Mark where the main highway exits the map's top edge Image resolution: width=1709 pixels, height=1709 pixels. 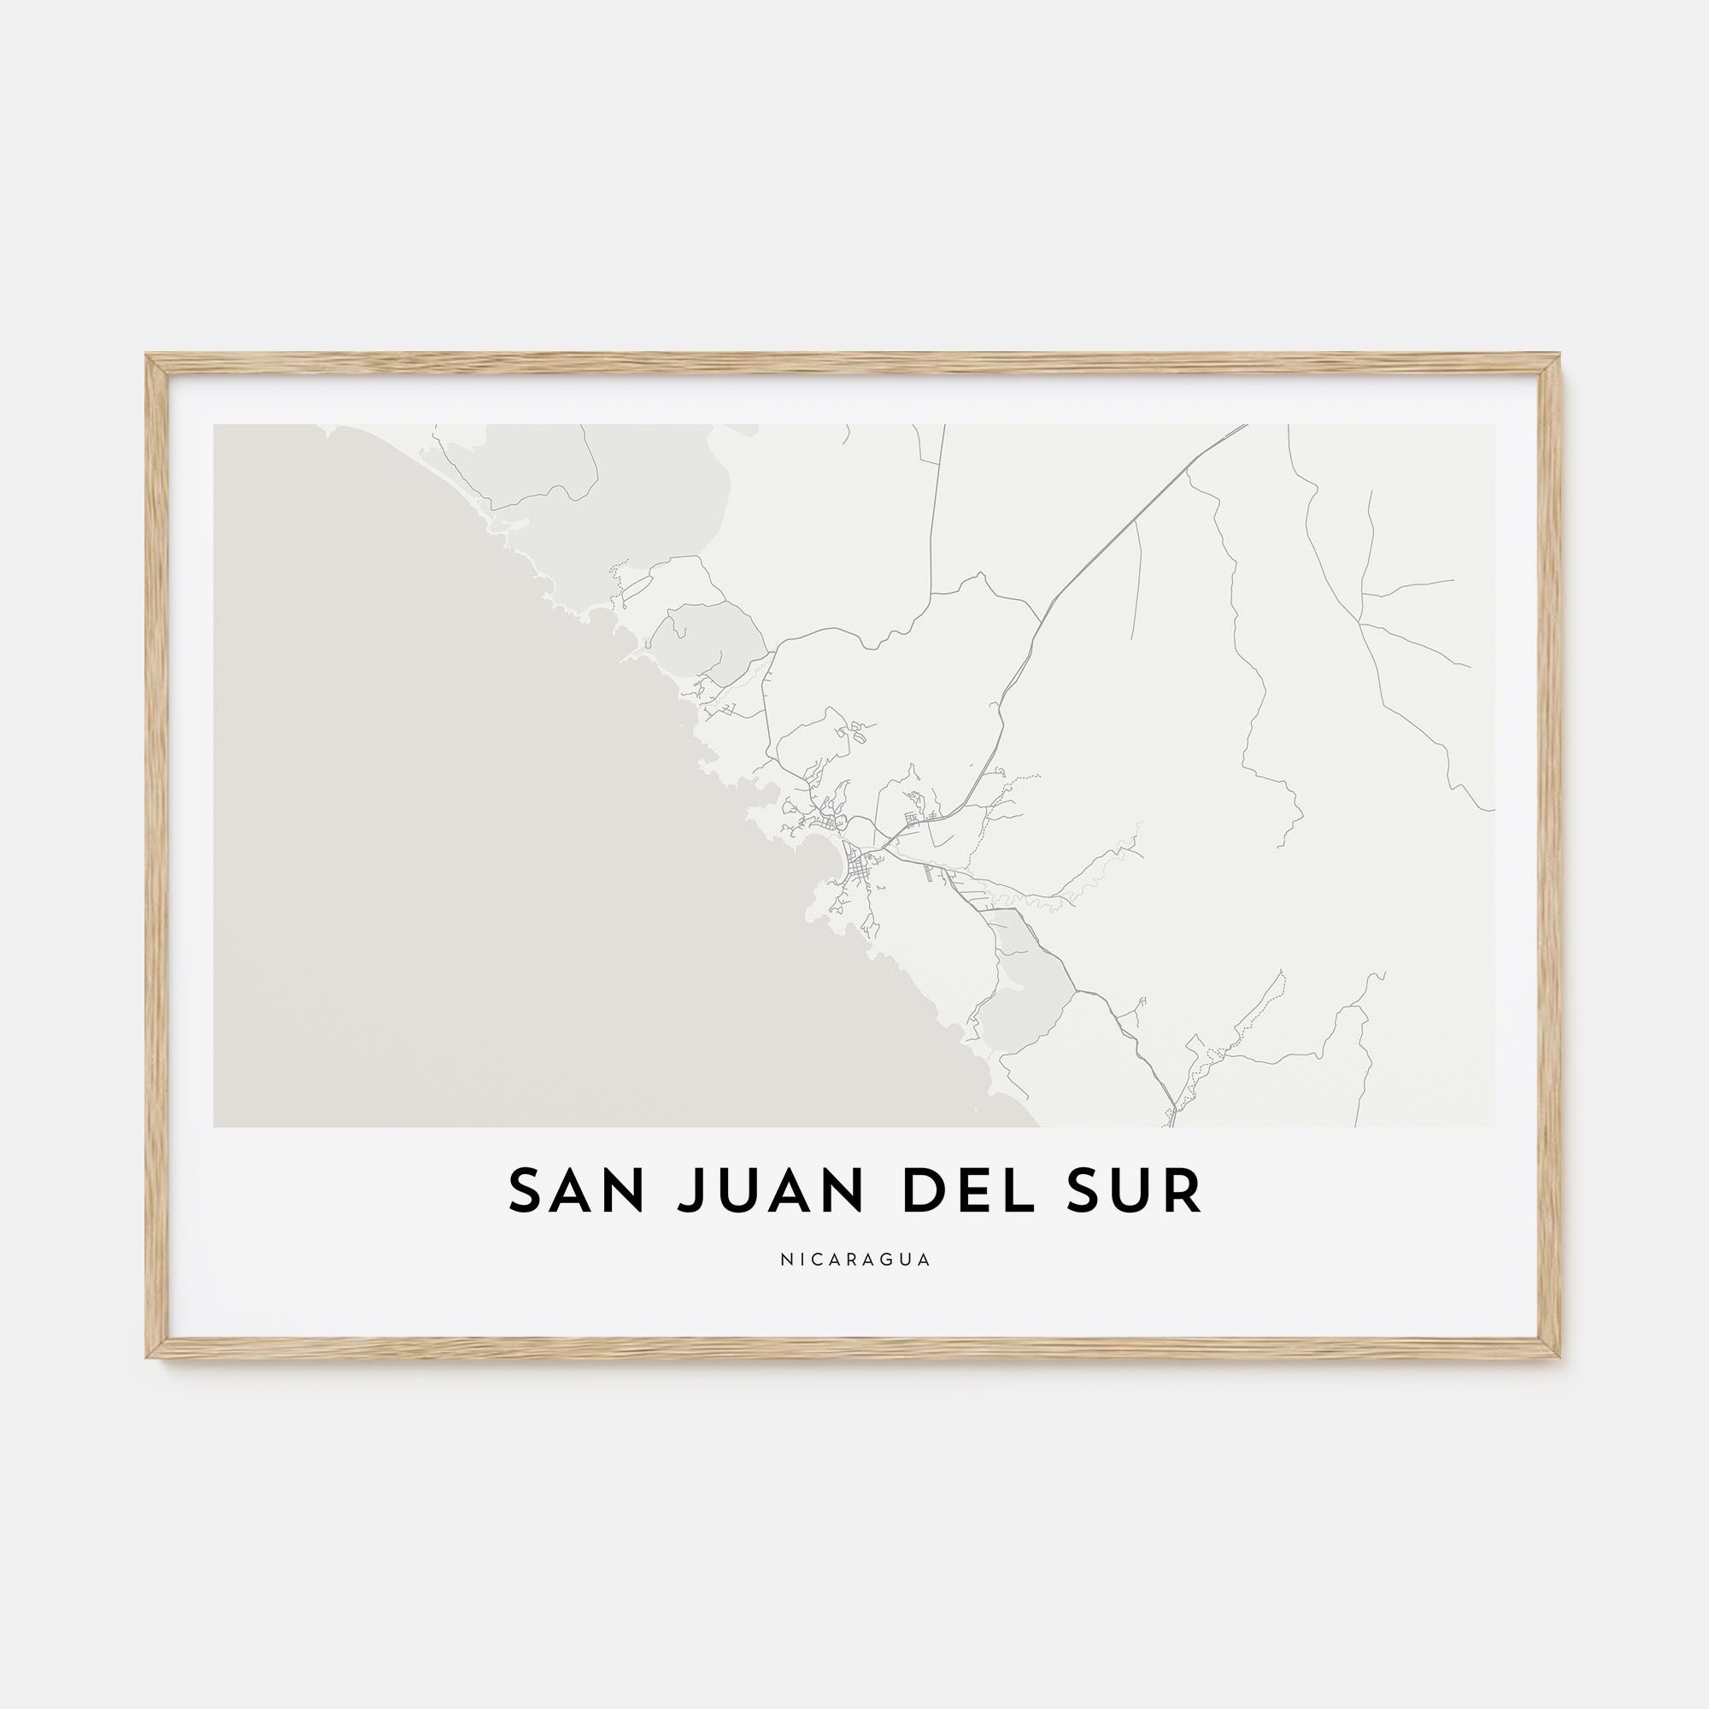pyautogui.click(x=1245, y=426)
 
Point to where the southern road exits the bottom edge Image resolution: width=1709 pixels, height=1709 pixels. pyautogui.click(x=1174, y=1125)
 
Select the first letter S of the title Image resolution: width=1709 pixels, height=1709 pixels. pyautogui.click(x=525, y=1191)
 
